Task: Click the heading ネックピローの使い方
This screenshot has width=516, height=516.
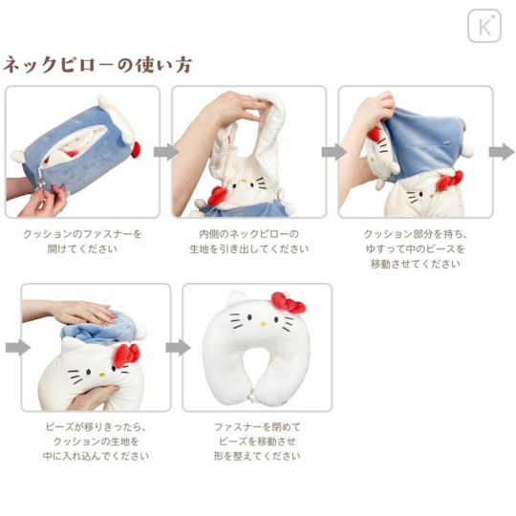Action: (x=97, y=65)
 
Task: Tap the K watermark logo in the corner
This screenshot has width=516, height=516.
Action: (x=484, y=26)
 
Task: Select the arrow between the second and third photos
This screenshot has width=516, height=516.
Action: (x=333, y=152)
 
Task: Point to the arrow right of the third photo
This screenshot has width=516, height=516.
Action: (x=501, y=152)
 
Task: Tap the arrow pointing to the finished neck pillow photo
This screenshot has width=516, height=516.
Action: (x=179, y=347)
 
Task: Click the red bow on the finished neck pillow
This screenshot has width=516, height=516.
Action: (x=289, y=303)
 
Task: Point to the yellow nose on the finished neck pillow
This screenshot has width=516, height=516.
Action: (x=258, y=330)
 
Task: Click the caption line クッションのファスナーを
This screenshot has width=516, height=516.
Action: (x=82, y=233)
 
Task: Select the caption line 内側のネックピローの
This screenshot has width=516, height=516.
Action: (x=248, y=233)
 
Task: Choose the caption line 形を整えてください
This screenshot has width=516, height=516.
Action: (x=258, y=456)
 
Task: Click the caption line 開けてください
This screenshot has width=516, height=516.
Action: (x=82, y=248)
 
